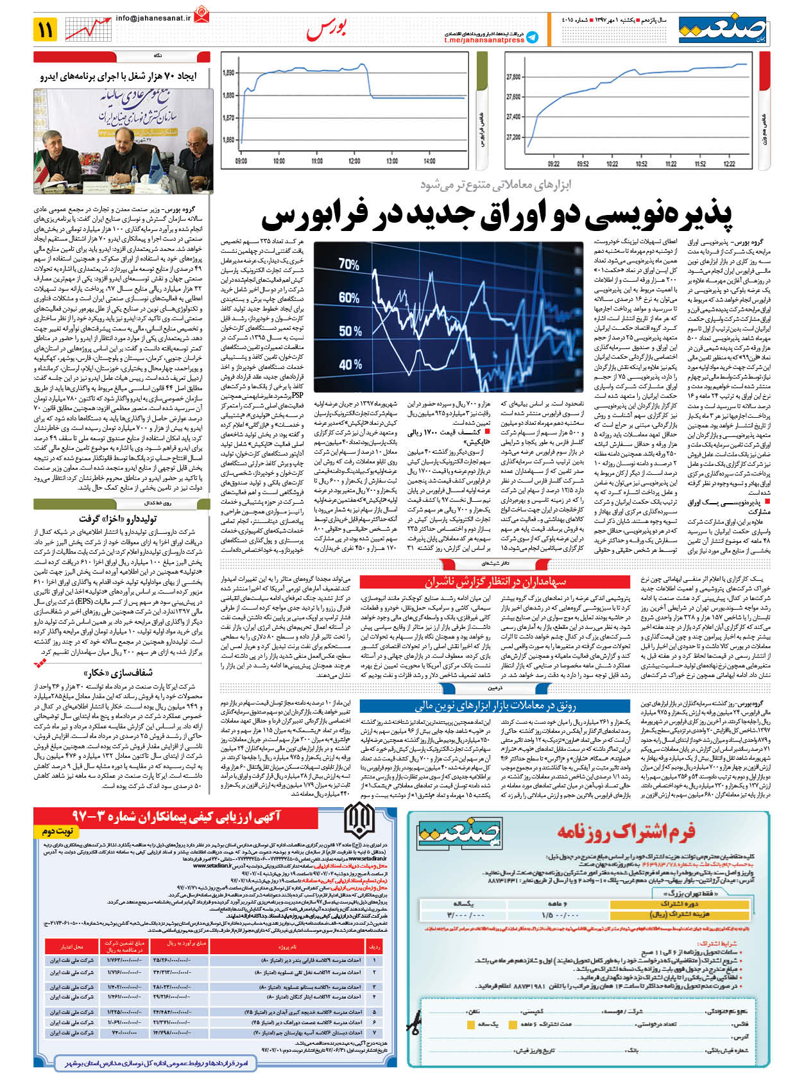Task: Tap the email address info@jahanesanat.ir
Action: tap(153, 19)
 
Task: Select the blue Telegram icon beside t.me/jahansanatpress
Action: tap(532, 38)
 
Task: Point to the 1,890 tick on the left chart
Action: tap(228, 73)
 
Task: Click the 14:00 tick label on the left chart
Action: tap(430, 161)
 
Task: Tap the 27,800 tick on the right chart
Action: tap(513, 77)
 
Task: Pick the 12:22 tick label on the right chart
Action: tap(729, 164)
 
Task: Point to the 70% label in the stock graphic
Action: tap(349, 264)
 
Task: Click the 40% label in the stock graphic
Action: tap(350, 364)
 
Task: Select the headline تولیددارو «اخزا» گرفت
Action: tap(118, 518)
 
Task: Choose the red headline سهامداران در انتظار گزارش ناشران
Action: tap(495, 581)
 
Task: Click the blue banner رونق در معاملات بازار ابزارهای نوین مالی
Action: tap(495, 705)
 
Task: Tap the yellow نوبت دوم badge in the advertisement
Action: tap(58, 831)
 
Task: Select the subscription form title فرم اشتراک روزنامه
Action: tap(626, 832)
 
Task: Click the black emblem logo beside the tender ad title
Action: tap(359, 820)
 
